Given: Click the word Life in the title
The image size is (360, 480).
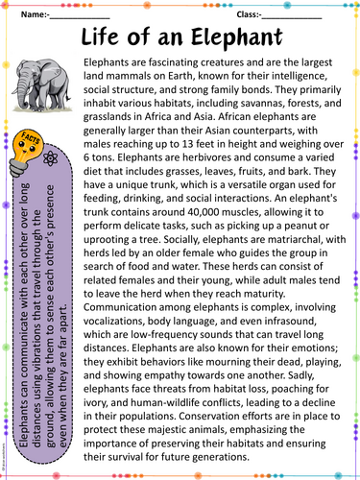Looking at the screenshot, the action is [108, 37].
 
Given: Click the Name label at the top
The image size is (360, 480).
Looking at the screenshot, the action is [35, 16].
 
